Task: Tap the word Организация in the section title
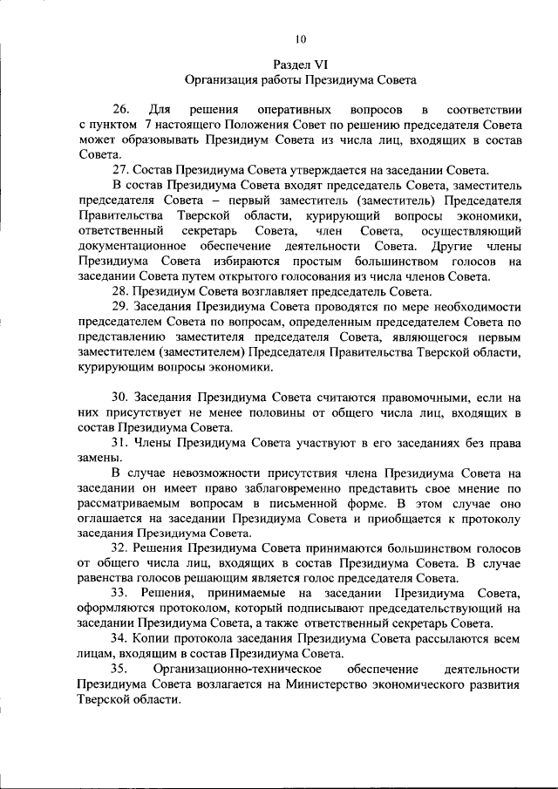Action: (x=221, y=79)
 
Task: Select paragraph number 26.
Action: (x=121, y=110)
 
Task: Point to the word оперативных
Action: (x=286, y=110)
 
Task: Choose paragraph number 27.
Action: (x=121, y=170)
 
